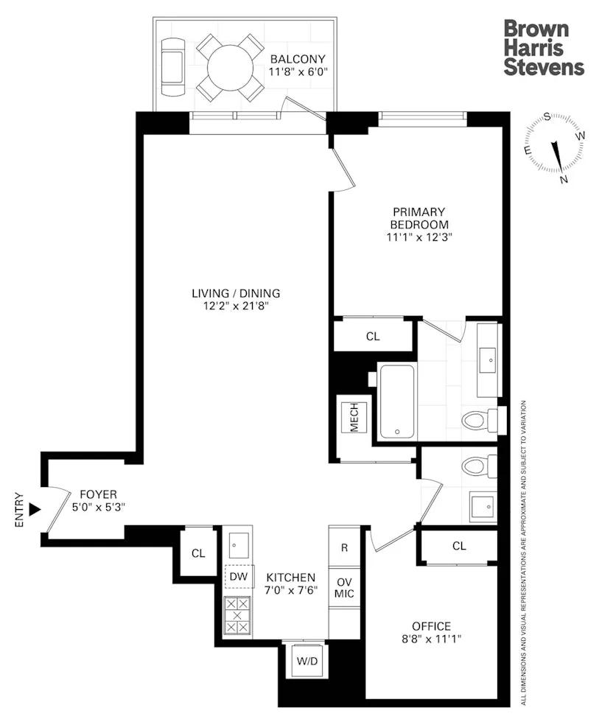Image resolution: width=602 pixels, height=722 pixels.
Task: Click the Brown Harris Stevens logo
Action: click(544, 49)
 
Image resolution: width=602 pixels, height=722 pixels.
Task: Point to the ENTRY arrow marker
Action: click(33, 508)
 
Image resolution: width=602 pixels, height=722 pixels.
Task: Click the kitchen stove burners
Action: click(237, 614)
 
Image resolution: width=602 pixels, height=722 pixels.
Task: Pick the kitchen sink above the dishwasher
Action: click(237, 544)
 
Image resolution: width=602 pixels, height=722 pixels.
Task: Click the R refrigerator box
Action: click(344, 547)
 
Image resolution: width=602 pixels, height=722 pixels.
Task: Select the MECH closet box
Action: click(353, 417)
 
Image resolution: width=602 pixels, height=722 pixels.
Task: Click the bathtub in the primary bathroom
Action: click(396, 401)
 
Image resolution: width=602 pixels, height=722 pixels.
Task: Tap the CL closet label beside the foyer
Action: click(198, 553)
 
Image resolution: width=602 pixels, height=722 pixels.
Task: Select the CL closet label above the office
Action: click(459, 546)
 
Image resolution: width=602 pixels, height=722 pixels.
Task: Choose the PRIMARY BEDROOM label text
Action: click(419, 218)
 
